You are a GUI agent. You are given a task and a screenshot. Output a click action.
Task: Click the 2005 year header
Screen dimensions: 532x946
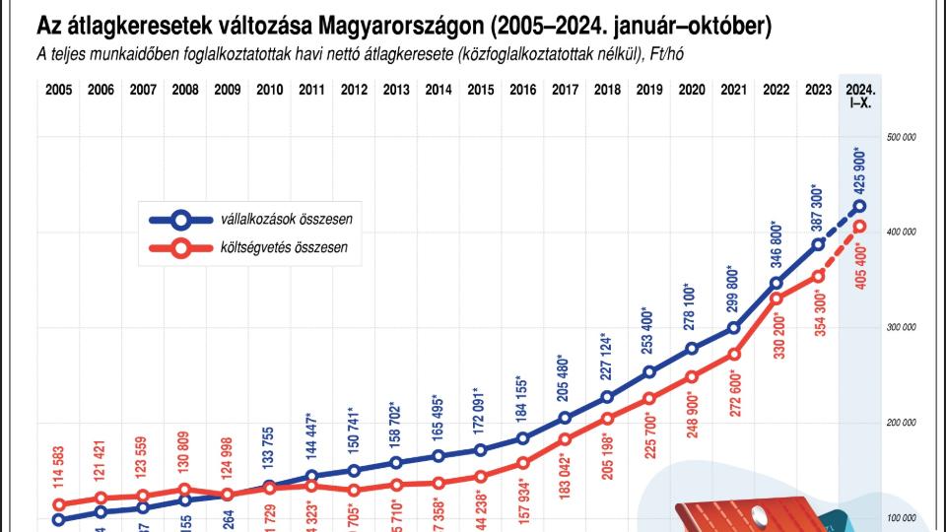point(58,89)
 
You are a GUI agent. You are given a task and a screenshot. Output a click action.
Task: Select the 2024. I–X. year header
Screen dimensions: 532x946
point(860,95)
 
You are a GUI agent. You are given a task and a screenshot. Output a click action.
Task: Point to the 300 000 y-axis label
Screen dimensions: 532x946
point(902,328)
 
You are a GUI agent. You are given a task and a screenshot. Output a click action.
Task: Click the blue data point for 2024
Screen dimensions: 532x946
point(860,207)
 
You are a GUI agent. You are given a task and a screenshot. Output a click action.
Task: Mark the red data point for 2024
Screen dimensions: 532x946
point(860,227)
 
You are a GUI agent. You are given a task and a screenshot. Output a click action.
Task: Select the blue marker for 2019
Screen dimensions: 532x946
point(649,372)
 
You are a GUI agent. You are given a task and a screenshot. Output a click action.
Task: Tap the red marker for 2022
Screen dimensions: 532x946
point(776,299)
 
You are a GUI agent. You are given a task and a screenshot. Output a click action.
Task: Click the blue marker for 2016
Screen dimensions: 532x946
point(523,438)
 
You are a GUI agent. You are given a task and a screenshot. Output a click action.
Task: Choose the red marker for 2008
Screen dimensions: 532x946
point(185,490)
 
